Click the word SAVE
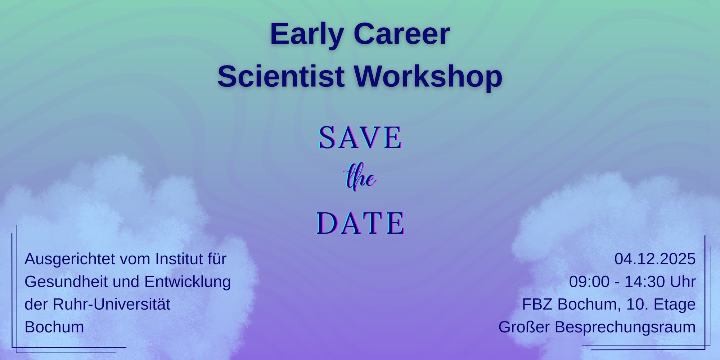[360, 138]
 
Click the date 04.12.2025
[655, 259]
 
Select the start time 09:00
[589, 282]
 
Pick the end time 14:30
[644, 282]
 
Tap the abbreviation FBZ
[537, 305]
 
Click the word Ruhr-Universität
[111, 305]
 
